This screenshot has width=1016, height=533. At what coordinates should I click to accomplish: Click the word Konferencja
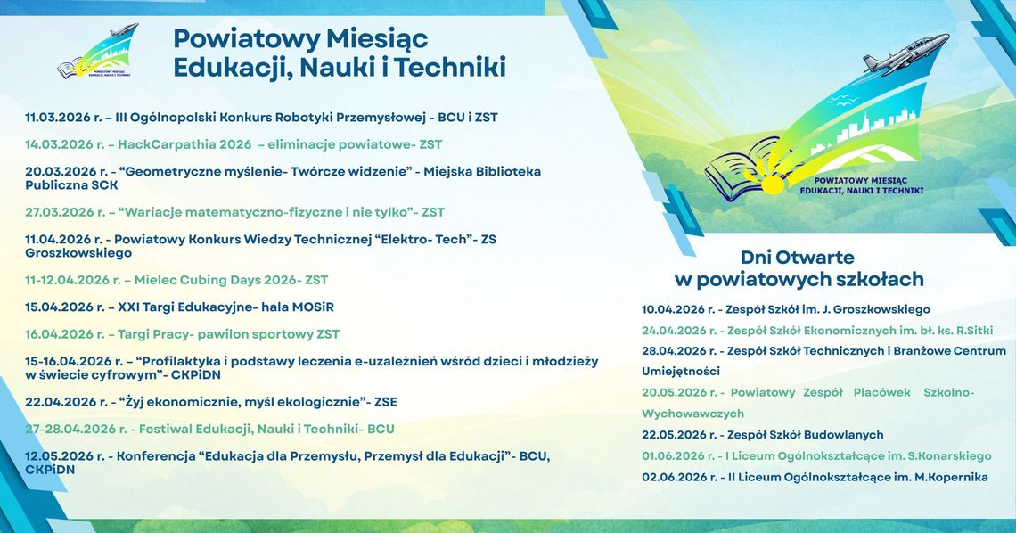154,456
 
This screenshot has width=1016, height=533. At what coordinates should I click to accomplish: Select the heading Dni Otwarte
798,258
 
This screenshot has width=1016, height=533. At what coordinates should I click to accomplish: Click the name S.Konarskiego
947,455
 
